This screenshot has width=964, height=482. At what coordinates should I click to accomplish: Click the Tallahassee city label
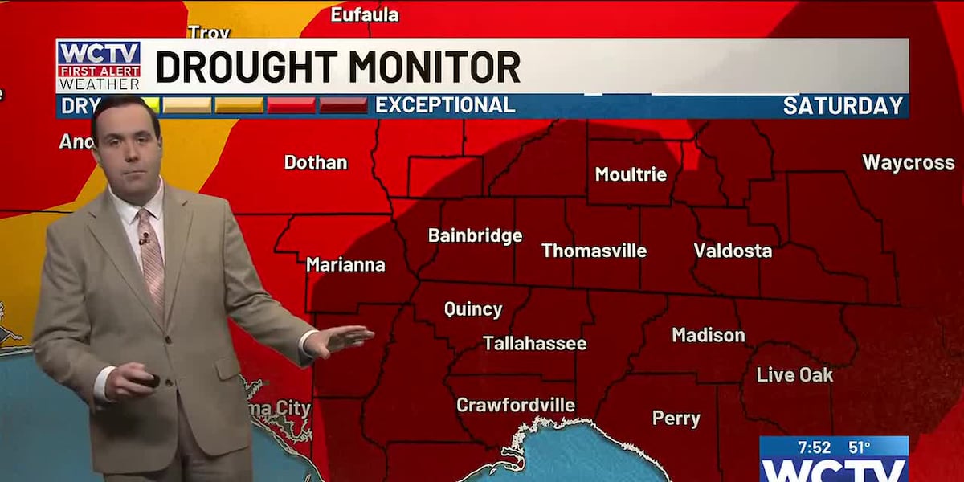[x=534, y=344]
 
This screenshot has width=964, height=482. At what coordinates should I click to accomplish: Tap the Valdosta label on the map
[x=733, y=251]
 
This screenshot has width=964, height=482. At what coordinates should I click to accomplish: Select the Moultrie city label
[x=631, y=174]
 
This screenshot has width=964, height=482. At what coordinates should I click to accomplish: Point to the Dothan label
[x=316, y=162]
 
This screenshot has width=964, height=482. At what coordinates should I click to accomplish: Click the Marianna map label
[x=345, y=264]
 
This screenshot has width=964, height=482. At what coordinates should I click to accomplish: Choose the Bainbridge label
[x=475, y=236]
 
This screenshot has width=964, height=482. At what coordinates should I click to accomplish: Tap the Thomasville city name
[x=594, y=251]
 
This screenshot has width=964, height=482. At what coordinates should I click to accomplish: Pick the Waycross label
[x=908, y=162]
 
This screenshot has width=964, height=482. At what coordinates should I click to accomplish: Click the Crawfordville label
[x=515, y=405]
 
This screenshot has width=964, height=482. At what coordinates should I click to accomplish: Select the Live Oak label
[x=794, y=375]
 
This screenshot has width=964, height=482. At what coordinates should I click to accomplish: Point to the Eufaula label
[x=365, y=14]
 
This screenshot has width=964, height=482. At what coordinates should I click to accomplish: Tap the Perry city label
[x=676, y=419]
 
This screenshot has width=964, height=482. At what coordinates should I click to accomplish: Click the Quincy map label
[x=473, y=309]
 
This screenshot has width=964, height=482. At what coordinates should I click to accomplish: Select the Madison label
[x=708, y=335]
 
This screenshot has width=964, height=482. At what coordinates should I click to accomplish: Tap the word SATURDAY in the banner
[x=843, y=106]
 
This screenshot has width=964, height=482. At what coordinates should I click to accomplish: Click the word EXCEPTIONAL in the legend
[x=445, y=105]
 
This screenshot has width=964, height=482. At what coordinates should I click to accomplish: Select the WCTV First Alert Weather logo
[x=99, y=66]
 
